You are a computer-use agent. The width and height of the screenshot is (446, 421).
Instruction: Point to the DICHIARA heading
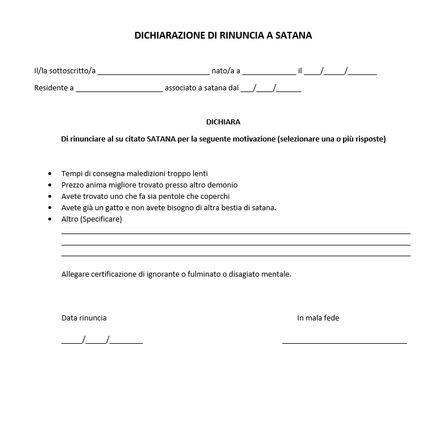point(223,122)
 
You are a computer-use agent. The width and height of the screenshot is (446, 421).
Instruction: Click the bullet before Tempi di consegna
point(49,174)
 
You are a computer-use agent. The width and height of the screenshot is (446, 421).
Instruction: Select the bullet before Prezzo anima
point(49,185)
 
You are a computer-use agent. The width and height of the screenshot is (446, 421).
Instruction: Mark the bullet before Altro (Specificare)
point(49,219)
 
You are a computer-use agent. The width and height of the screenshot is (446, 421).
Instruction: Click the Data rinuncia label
point(84,318)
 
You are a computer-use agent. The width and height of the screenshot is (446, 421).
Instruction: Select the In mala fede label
point(318,318)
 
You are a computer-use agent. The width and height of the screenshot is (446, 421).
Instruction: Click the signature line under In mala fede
point(344,343)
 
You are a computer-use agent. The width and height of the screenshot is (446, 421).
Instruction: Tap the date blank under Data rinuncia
point(102,341)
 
